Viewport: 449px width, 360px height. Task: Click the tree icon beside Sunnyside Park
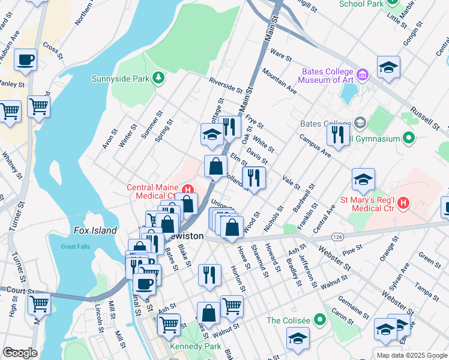click(x=158, y=78)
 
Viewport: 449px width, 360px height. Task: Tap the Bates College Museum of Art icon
click(x=362, y=75)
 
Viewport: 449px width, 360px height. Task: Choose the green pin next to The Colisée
click(x=319, y=320)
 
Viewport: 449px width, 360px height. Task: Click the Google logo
click(x=20, y=352)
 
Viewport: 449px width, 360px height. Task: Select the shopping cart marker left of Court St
click(x=39, y=304)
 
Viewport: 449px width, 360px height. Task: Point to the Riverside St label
click(x=224, y=85)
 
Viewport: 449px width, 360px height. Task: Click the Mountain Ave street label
click(x=279, y=81)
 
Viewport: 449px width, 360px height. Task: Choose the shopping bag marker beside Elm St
click(x=215, y=166)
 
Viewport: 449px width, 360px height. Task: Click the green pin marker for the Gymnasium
click(x=409, y=139)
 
